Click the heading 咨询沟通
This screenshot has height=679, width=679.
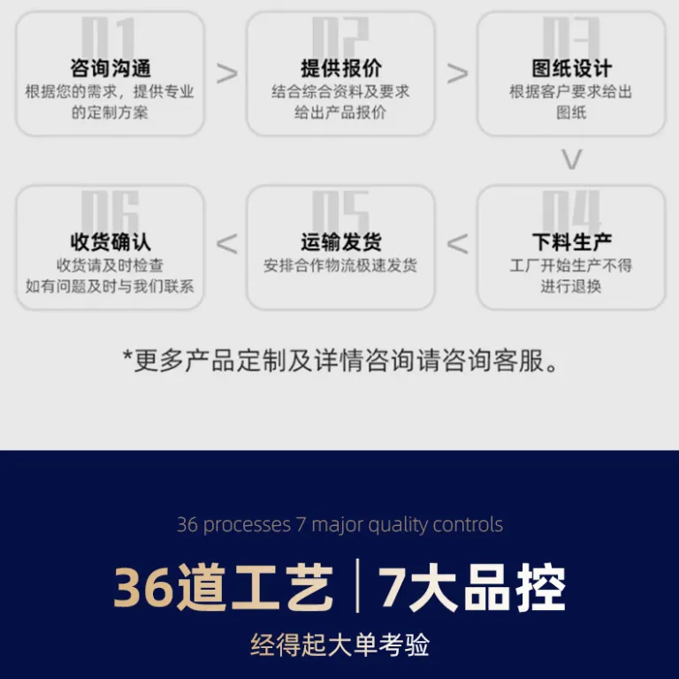111,68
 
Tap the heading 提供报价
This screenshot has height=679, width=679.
341,68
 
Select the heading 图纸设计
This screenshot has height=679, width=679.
572,68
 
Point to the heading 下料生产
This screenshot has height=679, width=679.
572,242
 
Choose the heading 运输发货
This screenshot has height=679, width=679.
341,242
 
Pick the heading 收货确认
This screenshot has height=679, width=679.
111,242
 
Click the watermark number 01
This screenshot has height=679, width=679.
109,38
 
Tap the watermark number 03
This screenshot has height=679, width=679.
572,38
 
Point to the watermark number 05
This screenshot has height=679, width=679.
340,211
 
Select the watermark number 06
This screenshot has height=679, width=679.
110,211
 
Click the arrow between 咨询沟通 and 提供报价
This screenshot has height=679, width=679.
227,73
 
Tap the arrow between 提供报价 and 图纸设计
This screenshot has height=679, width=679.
457,73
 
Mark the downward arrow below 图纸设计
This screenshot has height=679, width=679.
572,159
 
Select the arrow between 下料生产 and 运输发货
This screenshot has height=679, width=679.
457,244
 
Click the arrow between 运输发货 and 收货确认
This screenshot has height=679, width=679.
227,244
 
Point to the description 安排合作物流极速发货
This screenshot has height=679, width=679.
340,265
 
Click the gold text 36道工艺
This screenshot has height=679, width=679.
223,587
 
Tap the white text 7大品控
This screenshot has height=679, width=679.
472,587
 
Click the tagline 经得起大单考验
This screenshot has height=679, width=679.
339,645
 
